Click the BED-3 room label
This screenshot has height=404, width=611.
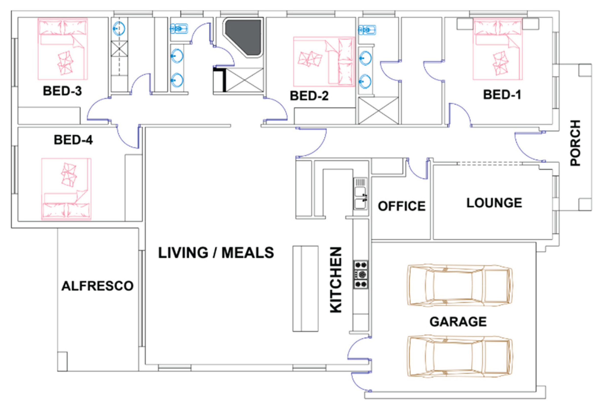pos(62,91)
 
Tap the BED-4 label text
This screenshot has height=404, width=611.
pos(74,140)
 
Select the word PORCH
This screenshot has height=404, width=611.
pos(575,143)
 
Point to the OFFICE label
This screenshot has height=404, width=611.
pos(402,206)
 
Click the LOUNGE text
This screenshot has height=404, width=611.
pos(494,203)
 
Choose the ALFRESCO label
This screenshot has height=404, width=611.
pos(97,286)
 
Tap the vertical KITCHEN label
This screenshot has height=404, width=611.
pos(336,280)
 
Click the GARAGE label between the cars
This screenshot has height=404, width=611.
pos(458,322)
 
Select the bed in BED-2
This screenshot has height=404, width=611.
pos(324,62)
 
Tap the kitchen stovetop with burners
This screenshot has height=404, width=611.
pos(361,275)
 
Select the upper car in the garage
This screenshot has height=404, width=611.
pos(459,285)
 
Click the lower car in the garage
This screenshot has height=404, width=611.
pos(459,357)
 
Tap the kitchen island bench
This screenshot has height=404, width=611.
pos(305,289)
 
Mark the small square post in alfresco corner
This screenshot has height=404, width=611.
pos(63,362)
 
